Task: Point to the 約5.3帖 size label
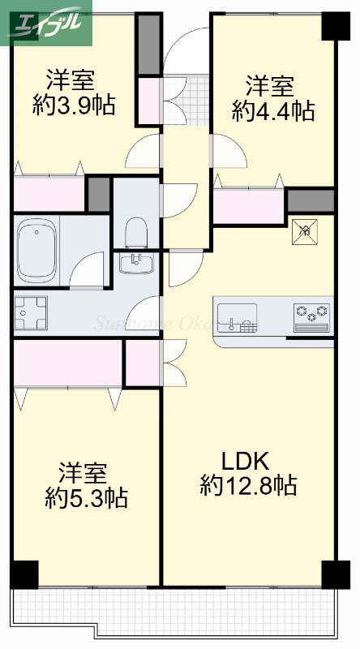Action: tap(85, 496)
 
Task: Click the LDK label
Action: tap(245, 462)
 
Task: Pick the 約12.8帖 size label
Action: tap(247, 486)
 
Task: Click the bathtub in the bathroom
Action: tap(36, 241)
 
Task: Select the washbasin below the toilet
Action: tap(137, 264)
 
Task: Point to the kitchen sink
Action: tap(237, 316)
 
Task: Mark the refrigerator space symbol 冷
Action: tap(306, 230)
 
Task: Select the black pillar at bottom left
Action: tap(24, 574)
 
